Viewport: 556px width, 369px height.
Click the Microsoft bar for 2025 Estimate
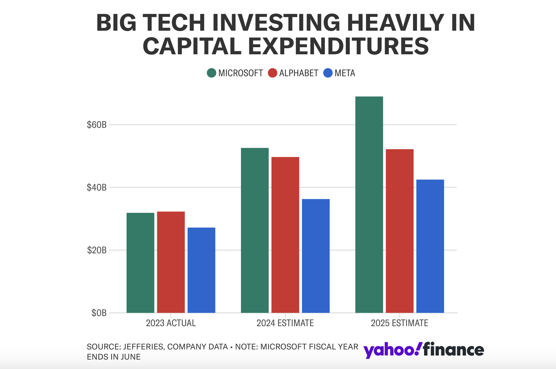point(369,204)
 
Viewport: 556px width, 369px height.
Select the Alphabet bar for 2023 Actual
point(171,262)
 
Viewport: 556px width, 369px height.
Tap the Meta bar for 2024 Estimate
point(315,256)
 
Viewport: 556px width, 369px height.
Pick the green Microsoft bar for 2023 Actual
point(140,263)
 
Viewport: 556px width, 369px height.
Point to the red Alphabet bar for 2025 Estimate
point(399,231)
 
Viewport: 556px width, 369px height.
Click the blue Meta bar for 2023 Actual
point(201,270)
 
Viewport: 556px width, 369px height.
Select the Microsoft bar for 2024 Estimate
point(255,230)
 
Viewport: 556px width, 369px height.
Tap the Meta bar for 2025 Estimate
point(430,246)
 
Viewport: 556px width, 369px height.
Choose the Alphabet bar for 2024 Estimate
point(285,235)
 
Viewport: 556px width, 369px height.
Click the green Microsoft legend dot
point(212,73)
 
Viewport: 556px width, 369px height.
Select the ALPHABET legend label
point(299,73)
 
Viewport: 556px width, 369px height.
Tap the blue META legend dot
point(328,73)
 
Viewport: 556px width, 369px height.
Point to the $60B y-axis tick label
point(96,125)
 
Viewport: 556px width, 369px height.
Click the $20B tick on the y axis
point(96,250)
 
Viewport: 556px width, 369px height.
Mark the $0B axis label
point(99,313)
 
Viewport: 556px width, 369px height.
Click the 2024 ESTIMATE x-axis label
point(285,323)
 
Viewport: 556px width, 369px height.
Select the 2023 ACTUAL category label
point(171,323)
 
